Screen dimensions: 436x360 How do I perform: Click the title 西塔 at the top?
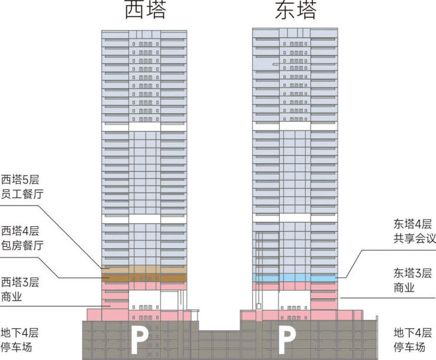point(146,10)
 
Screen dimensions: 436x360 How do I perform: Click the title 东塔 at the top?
point(296,10)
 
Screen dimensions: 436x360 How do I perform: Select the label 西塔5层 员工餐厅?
point(22,187)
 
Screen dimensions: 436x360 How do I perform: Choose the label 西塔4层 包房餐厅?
point(22,238)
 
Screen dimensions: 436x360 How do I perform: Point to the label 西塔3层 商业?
point(20,289)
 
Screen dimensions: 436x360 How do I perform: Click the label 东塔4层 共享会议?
point(414,232)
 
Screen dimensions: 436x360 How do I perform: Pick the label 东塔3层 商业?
point(412,280)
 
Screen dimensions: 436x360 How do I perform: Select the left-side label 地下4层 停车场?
point(19,340)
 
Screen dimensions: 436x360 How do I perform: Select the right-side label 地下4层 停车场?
point(412,340)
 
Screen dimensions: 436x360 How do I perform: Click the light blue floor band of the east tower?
point(295,278)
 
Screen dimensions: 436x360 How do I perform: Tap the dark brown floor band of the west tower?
point(144,278)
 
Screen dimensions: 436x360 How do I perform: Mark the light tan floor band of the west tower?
point(144,269)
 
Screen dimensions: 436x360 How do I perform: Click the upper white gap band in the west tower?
point(144,127)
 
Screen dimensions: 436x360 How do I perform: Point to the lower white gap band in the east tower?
point(295,218)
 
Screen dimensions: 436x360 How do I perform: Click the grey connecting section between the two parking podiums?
point(219,345)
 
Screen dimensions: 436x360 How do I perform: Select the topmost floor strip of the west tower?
point(144,35)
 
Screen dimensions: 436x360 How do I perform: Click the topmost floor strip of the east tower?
point(295,32)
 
